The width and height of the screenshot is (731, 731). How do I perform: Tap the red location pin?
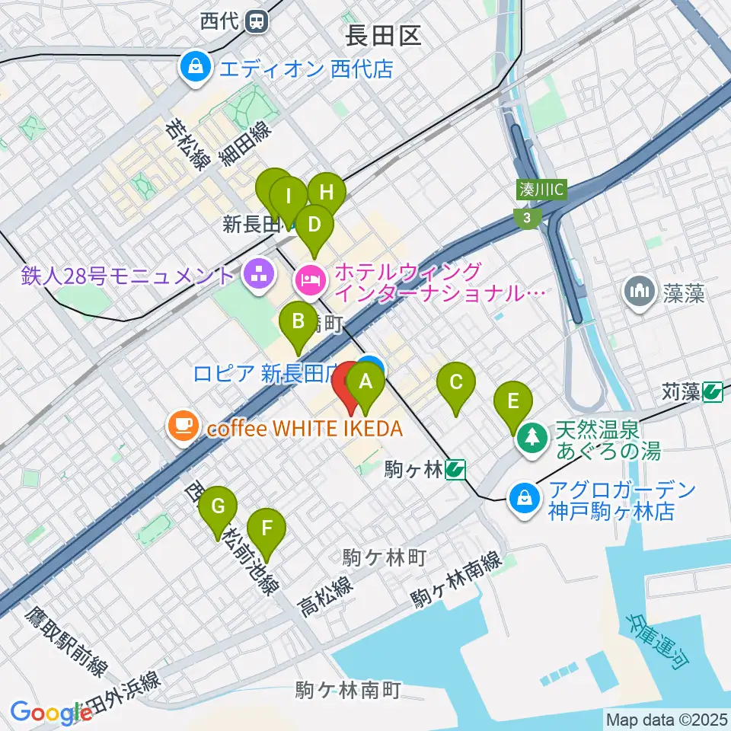(x=350, y=385)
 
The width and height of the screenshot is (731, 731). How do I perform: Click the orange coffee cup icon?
(x=183, y=424)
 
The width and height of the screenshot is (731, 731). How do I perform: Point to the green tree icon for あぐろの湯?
(x=528, y=437)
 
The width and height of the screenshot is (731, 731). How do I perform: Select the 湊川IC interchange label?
(x=540, y=190)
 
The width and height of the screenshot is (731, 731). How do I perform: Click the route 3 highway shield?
(x=526, y=219)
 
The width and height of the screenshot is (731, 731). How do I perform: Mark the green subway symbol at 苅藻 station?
(x=713, y=392)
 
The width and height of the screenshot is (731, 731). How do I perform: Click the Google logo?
(x=46, y=713)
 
